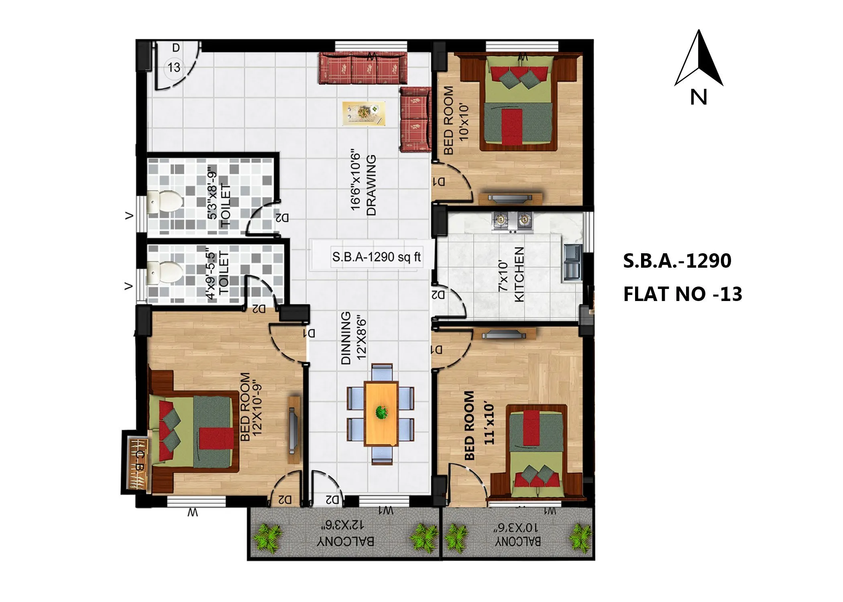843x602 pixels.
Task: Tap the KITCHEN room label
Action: (x=519, y=274)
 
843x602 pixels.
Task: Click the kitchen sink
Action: (x=572, y=263)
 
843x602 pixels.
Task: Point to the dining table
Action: (x=381, y=413)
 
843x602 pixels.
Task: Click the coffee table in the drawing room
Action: (x=364, y=113)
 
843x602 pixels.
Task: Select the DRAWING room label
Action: (x=371, y=185)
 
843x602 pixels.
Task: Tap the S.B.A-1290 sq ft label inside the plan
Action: (x=376, y=257)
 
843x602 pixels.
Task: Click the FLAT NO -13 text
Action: (x=682, y=294)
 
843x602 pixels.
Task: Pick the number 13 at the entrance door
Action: (x=174, y=67)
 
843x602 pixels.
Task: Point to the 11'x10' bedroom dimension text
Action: (x=489, y=424)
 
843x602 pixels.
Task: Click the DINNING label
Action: (x=346, y=338)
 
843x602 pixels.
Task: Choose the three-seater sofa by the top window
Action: (x=363, y=69)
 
